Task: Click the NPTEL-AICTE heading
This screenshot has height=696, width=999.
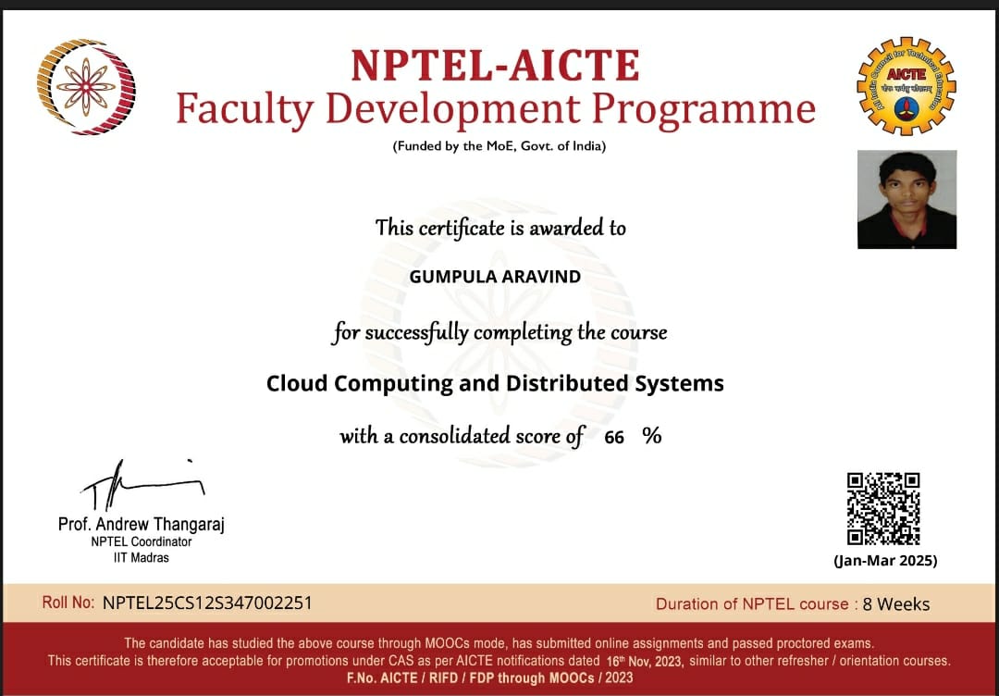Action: point(495,66)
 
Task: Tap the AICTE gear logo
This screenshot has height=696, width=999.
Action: point(906,86)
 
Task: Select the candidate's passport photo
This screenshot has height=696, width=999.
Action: point(906,199)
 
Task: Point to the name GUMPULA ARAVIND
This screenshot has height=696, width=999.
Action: point(495,277)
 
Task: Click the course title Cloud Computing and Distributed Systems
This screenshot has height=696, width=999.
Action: point(495,383)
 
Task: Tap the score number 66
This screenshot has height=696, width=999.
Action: point(614,438)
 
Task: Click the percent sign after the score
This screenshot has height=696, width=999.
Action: point(652,436)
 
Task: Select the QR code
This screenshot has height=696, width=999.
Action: point(883,508)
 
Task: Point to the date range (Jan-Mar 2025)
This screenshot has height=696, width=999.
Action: point(884,561)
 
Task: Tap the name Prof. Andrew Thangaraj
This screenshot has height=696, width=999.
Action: point(141,525)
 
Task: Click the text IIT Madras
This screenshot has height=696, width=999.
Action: point(141,557)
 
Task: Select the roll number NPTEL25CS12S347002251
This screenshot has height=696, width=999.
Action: point(207,603)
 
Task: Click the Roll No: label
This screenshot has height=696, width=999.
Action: point(68,603)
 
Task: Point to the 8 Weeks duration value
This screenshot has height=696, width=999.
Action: point(896,604)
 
